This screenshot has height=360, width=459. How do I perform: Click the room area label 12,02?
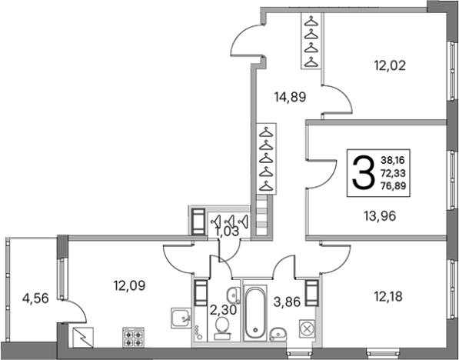coord(391,65)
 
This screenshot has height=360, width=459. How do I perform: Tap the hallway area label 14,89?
coord(290,97)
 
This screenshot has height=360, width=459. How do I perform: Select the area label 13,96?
coord(380,216)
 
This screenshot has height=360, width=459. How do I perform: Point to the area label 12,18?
coord(388,296)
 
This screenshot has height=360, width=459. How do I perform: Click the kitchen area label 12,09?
coord(129,285)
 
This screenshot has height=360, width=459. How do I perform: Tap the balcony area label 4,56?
coord(35,298)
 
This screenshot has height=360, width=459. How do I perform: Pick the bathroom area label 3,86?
coord(287,302)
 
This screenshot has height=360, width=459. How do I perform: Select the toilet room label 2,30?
coord(223,310)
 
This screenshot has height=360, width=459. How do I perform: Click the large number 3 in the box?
coord(363,172)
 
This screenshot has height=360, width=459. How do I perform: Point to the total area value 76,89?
coord(393,185)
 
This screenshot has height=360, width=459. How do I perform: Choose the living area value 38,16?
coord(393,160)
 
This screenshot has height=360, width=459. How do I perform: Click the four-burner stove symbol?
coord(133,338)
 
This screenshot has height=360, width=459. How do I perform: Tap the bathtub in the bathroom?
coord(255,313)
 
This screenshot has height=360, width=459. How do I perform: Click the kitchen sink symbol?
coord(181,318)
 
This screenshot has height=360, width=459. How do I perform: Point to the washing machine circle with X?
coord(307,328)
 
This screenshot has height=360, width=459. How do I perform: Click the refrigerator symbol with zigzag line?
coord(82,338)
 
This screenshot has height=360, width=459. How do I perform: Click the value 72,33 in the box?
coord(393,173)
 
